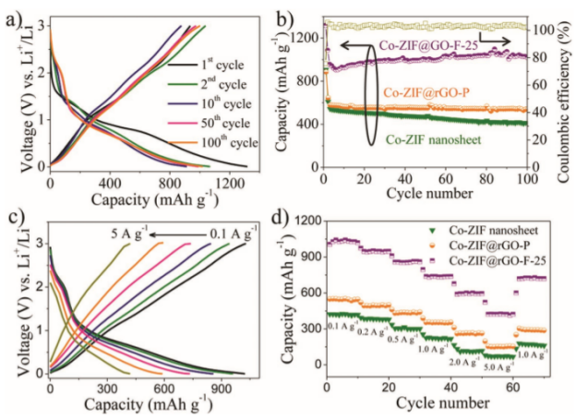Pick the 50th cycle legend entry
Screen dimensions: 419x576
[x=226, y=123]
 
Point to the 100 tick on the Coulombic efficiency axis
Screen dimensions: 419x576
[x=541, y=30]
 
